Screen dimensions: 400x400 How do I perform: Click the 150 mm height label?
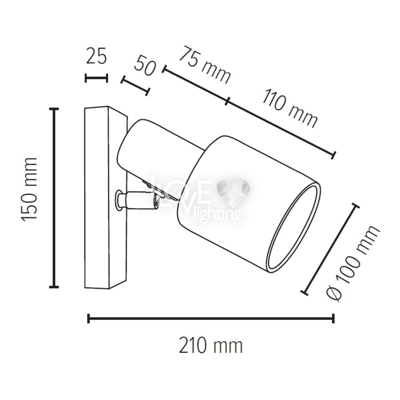pyautogui.click(x=29, y=189)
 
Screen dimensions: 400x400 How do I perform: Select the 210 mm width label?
pyautogui.click(x=211, y=346)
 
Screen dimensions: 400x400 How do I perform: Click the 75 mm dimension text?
pyautogui.click(x=205, y=65)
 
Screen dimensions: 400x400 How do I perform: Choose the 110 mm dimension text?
pyautogui.click(x=290, y=108)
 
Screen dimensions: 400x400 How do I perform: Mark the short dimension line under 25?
pyautogui.click(x=96, y=78)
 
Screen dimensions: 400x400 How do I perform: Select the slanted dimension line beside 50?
pyautogui.click(x=135, y=86)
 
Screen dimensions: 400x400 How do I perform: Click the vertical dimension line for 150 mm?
pyautogui.click(x=54, y=198)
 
